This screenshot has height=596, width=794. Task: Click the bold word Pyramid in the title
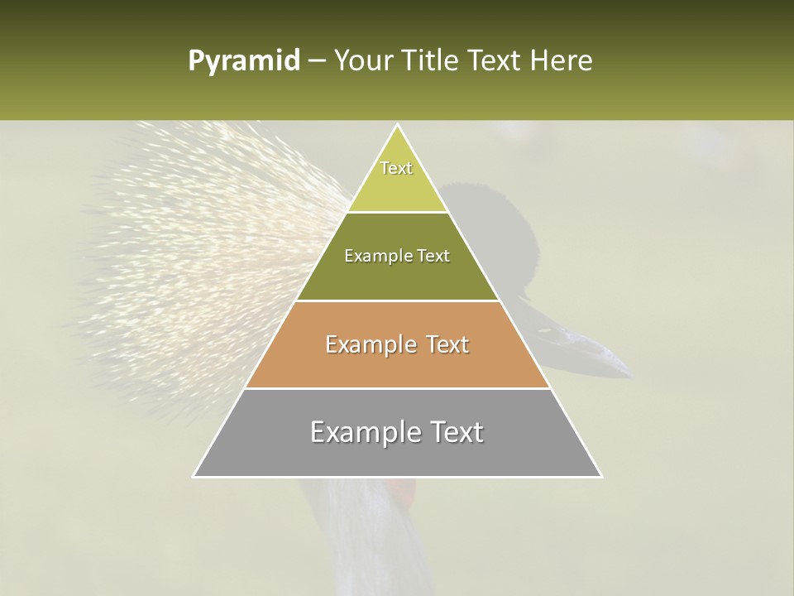point(244,61)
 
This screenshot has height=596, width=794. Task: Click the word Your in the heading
point(363,61)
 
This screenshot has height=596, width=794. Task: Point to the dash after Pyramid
point(315,62)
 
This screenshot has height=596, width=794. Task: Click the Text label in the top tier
point(396,169)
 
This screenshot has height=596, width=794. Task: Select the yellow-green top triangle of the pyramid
point(397,186)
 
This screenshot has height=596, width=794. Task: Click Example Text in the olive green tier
point(397,256)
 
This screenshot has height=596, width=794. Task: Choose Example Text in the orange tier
point(397,344)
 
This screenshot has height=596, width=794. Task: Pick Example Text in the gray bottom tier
point(397,432)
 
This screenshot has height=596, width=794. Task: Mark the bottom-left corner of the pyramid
point(194,477)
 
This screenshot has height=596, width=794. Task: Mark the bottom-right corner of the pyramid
point(601,477)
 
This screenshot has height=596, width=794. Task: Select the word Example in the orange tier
point(362,344)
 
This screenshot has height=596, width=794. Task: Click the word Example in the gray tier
point(356,432)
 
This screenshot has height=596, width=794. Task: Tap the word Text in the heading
point(496,61)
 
